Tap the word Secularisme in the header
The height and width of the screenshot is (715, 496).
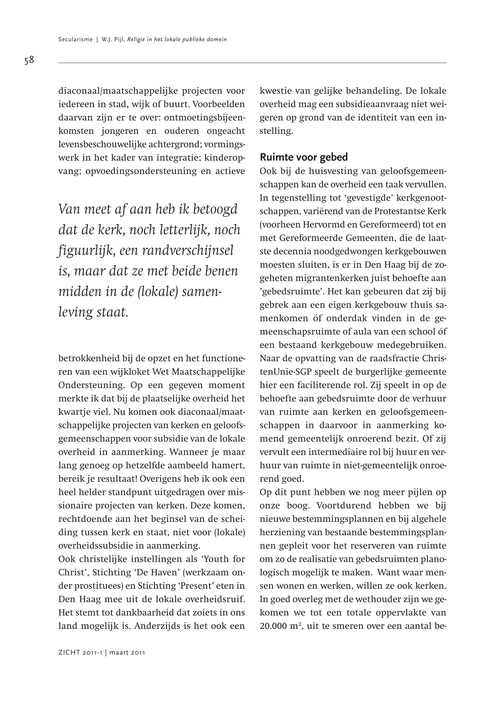(x=76, y=40)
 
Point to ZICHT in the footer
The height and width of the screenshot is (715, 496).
(x=69, y=653)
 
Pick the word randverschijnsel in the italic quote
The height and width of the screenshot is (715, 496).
(x=187, y=251)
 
